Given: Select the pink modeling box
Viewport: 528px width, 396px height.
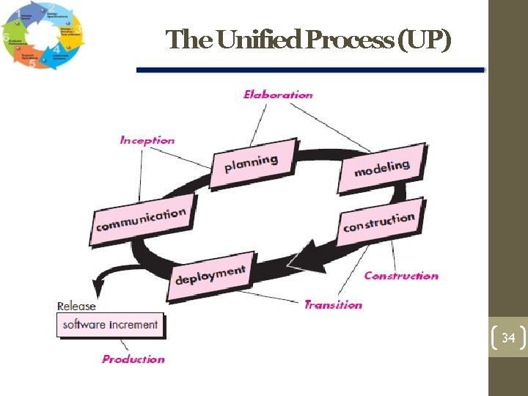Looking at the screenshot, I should (382, 168).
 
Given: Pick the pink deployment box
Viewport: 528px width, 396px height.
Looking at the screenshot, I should (210, 276).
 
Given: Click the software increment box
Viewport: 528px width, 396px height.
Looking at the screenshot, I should (110, 325).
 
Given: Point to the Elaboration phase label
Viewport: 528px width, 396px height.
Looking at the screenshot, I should (278, 95).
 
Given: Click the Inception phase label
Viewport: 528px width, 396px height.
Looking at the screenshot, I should (147, 140).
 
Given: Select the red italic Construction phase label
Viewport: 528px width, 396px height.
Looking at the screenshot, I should (401, 276).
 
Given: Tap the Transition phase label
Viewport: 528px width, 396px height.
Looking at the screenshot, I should (333, 304).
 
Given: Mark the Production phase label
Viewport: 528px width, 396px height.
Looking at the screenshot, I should (133, 359).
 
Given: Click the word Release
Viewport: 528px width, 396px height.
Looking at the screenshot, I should (76, 306).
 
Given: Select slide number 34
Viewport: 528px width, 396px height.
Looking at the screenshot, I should (508, 338).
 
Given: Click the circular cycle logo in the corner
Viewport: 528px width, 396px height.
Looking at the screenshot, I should (43, 36).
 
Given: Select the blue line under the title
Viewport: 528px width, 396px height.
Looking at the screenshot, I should (310, 70).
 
